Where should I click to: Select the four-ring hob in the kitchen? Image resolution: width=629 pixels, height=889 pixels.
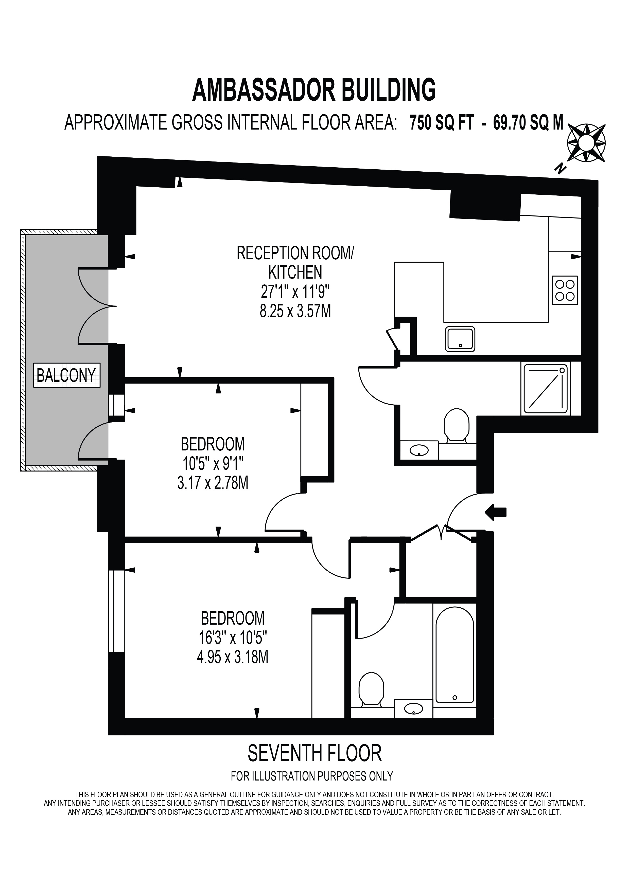565,291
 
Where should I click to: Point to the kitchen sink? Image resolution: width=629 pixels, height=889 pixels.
460,339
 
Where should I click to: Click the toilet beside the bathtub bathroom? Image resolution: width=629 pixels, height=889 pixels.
371,690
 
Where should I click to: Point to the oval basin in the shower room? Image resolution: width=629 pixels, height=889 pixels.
419,450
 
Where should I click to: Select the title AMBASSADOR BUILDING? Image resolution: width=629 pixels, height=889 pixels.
314,90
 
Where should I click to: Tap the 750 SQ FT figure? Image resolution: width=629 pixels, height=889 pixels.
442,123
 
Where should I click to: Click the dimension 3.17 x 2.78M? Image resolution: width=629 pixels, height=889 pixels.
213,483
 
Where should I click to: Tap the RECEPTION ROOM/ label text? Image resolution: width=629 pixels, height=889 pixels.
295,253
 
